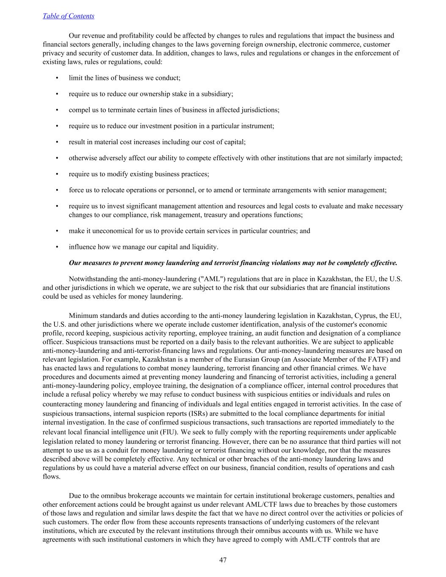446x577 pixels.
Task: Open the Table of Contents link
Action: tap(68, 16)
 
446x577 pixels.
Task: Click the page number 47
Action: tap(223, 560)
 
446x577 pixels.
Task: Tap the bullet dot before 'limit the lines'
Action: tap(57, 78)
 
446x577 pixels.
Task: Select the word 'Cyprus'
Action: tap(365, 316)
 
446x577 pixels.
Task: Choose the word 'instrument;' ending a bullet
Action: tap(257, 126)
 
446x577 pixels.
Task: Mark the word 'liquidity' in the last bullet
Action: tap(203, 247)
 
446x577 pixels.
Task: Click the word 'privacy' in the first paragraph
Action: tap(54, 53)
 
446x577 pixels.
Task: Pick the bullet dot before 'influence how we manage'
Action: tap(57, 247)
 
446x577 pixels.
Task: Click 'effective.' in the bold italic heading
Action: tap(384, 263)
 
